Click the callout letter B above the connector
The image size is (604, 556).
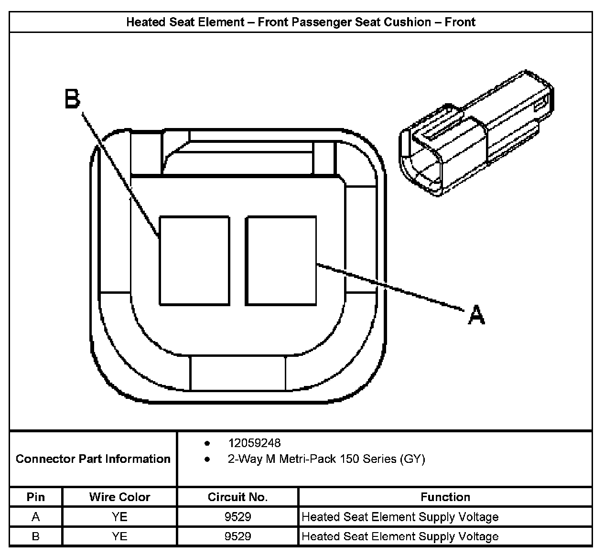click(73, 99)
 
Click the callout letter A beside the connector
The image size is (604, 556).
click(476, 315)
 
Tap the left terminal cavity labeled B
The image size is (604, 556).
click(194, 260)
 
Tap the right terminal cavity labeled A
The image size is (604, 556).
click(281, 260)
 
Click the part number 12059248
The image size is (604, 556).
click(254, 443)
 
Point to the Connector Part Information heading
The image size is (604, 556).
click(93, 459)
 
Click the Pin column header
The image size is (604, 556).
click(36, 497)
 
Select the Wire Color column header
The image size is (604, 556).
click(119, 497)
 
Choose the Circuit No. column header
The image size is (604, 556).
click(237, 497)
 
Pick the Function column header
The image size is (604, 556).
click(445, 497)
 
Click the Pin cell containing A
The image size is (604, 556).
click(36, 517)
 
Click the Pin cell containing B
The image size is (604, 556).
click(36, 536)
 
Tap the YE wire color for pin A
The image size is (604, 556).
click(119, 517)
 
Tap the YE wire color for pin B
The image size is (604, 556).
click(119, 536)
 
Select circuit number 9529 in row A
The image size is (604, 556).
click(237, 517)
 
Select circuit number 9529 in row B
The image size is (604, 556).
click(237, 536)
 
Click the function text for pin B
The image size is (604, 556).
click(400, 536)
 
